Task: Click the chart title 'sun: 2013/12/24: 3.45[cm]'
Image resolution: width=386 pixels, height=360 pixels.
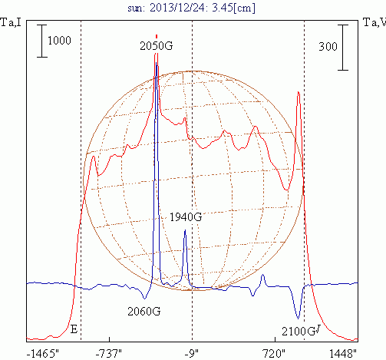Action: [191, 8]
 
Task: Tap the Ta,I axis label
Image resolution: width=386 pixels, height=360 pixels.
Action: [11, 23]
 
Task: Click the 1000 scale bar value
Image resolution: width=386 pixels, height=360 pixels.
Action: [59, 41]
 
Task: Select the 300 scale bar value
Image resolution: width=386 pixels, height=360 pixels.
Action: [328, 47]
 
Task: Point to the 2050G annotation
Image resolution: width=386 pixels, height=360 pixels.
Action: [157, 46]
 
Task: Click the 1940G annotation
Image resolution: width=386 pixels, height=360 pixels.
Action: [186, 217]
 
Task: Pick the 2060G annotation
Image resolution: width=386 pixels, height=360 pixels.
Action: [144, 312]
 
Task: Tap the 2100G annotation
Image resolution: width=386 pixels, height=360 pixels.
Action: [299, 332]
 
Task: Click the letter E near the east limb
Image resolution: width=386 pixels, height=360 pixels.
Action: [74, 329]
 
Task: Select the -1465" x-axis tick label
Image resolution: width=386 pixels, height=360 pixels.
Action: [43, 354]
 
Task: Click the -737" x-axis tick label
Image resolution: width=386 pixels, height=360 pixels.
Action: [109, 354]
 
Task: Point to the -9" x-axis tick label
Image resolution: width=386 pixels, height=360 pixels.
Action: [192, 354]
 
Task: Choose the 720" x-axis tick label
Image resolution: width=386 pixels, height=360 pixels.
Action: [274, 354]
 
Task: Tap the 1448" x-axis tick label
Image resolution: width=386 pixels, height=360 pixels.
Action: [343, 354]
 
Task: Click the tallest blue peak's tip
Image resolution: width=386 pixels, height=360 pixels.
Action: [157, 63]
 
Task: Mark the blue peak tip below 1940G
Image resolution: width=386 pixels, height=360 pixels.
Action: [185, 230]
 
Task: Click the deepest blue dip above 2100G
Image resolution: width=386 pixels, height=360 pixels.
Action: [298, 319]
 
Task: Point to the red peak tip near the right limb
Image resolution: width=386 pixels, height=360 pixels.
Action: [299, 91]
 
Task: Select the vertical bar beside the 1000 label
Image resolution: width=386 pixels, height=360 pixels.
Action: [42, 41]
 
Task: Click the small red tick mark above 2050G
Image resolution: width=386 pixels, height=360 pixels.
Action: [157, 36]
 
